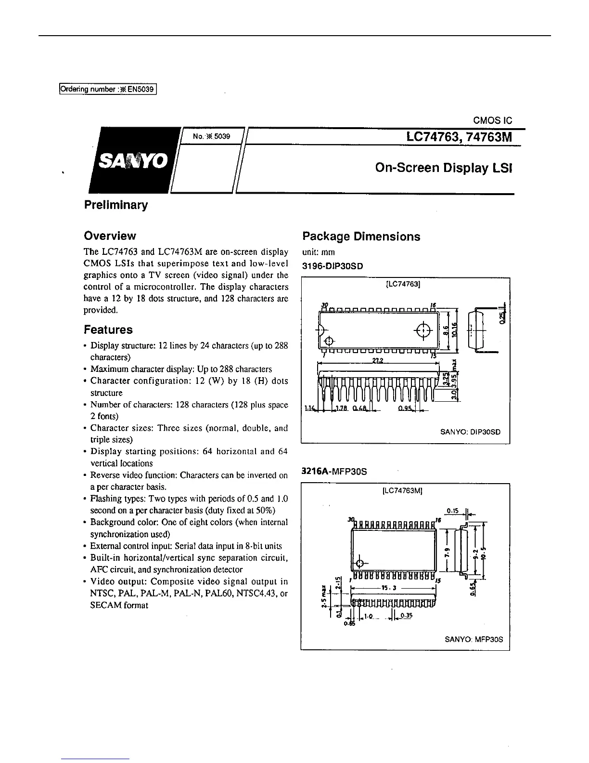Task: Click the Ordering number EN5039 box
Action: (x=108, y=89)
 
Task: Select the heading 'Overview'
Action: (x=110, y=236)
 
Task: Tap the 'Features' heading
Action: (x=108, y=330)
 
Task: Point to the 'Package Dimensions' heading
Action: (x=361, y=237)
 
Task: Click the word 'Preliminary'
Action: (x=116, y=205)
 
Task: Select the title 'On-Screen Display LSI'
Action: (x=443, y=168)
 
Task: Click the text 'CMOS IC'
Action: (x=493, y=121)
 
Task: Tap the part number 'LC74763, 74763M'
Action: (x=459, y=137)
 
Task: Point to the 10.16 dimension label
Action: (x=456, y=331)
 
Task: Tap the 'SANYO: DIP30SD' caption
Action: (x=470, y=432)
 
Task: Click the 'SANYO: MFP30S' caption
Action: (x=474, y=639)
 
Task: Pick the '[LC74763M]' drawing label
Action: (x=402, y=491)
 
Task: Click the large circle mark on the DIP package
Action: (x=423, y=330)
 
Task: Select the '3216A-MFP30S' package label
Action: (x=334, y=472)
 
